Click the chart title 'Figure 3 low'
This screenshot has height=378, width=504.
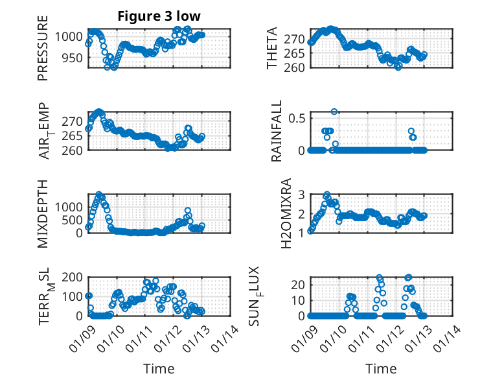click(159, 16)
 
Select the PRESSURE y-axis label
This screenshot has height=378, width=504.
click(43, 53)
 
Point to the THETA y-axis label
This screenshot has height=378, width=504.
click(272, 49)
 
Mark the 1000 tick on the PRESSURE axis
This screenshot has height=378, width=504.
click(69, 37)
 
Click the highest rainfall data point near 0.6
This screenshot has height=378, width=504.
click(334, 112)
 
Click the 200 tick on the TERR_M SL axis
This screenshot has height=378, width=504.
click(72, 278)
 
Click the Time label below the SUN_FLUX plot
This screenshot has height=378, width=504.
click(381, 369)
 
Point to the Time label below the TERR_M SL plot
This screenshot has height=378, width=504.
click(159, 369)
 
